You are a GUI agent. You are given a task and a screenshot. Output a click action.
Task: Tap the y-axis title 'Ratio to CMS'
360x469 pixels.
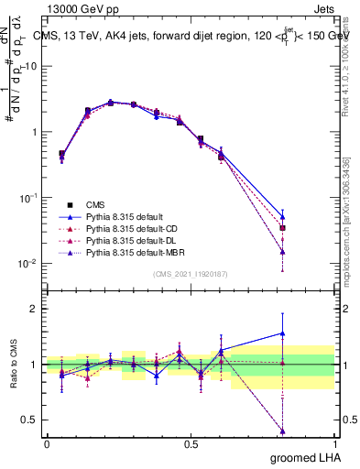click(14, 365)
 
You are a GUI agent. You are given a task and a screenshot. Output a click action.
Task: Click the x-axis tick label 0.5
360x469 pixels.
click(191, 443)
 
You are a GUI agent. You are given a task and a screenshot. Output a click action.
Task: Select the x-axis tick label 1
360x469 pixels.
click(335, 443)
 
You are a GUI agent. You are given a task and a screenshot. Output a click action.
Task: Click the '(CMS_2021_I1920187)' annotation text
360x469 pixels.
click(191, 273)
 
